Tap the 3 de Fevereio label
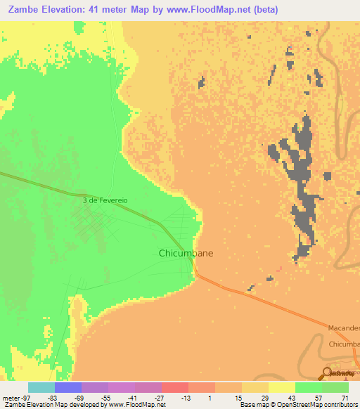coord(105,200)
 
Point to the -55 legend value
coord(105,398)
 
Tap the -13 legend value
coord(185,398)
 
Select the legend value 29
coord(265,398)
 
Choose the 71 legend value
coord(345,398)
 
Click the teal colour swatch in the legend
coord(41,387)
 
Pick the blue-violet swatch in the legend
coord(68,387)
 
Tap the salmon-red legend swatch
coord(174,387)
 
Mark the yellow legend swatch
coord(281,387)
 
